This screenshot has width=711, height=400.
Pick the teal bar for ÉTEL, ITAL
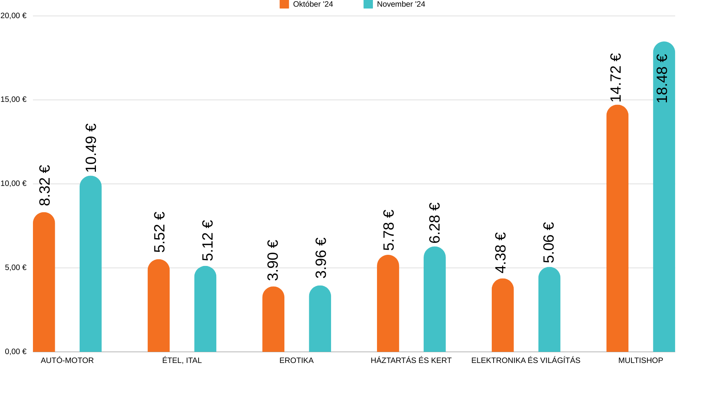point(205,309)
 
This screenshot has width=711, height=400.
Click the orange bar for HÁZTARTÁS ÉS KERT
point(388,303)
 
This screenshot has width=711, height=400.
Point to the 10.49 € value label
point(91,148)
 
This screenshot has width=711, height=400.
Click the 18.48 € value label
point(662,79)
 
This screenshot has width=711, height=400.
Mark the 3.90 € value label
point(273,260)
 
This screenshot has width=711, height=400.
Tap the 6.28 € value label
point(434,223)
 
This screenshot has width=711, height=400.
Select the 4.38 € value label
point(500,253)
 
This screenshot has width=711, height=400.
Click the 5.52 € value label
point(159,232)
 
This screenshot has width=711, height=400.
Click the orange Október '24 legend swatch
point(284,4)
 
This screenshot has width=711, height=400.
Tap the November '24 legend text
point(401,4)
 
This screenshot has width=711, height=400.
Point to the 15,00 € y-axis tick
point(14,99)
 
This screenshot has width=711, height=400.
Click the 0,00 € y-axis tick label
point(16,351)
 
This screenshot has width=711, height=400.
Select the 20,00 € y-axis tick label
point(14,16)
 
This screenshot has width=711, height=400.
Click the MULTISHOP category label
point(641,360)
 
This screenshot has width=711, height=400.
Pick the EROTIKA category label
point(296,360)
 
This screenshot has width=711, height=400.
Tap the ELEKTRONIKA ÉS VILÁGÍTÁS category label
point(525,360)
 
